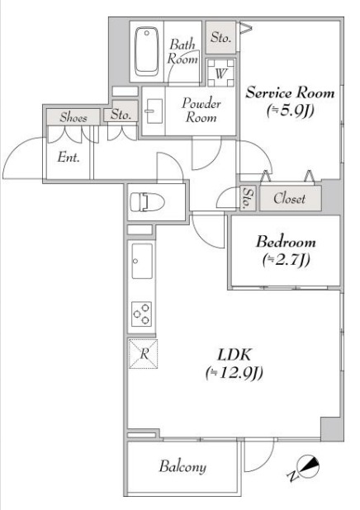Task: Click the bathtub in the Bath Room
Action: coord(147,51)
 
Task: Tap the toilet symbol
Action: coord(148,202)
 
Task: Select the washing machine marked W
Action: coord(220,73)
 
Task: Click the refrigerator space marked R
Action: coord(143,353)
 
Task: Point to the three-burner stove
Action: coord(142,314)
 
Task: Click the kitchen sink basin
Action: coord(142,261)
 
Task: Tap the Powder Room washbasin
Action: coord(154,111)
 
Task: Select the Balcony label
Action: coord(182,466)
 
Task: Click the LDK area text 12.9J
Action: coord(234,373)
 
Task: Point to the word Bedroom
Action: coord(286,242)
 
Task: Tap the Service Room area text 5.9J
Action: coord(290,111)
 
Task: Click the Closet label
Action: coord(289,198)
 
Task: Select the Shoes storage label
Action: coord(73,117)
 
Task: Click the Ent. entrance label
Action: coord(69,158)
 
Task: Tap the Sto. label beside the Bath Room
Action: coord(220,37)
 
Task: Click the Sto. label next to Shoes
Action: coord(121,114)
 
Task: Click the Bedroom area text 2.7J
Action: coord(286,260)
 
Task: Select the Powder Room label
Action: coord(201,110)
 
